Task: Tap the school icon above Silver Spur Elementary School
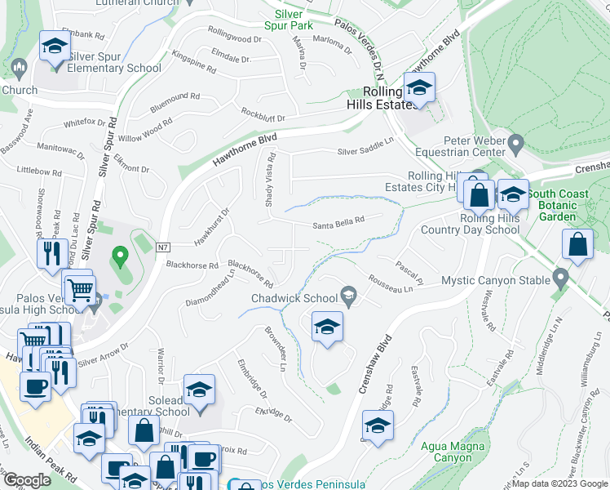coord(54,48)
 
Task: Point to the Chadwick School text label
coord(294,298)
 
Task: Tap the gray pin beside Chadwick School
coord(349,296)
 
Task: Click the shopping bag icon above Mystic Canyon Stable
coord(577,244)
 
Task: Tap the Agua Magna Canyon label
coord(453,452)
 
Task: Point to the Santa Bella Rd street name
coord(338,227)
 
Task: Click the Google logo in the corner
coord(26,480)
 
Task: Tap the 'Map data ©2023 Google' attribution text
coord(559,483)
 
